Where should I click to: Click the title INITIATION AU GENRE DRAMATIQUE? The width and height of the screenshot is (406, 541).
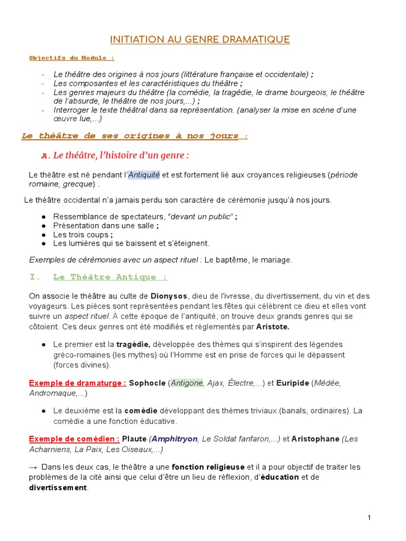200,40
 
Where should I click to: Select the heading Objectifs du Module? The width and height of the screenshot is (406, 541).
71,58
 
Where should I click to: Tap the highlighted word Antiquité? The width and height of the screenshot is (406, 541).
144,175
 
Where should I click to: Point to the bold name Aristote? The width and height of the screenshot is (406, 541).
272,327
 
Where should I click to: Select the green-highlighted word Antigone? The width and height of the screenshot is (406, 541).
187,384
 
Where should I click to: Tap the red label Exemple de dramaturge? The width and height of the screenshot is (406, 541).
78,384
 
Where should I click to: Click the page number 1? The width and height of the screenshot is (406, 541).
369,518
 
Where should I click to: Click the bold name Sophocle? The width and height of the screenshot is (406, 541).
147,384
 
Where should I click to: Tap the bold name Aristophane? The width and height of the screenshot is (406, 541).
316,439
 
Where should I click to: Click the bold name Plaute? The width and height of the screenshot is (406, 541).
134,439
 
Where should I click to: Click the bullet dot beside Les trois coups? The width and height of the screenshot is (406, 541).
43,235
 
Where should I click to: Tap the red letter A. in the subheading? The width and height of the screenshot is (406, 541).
45,156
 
